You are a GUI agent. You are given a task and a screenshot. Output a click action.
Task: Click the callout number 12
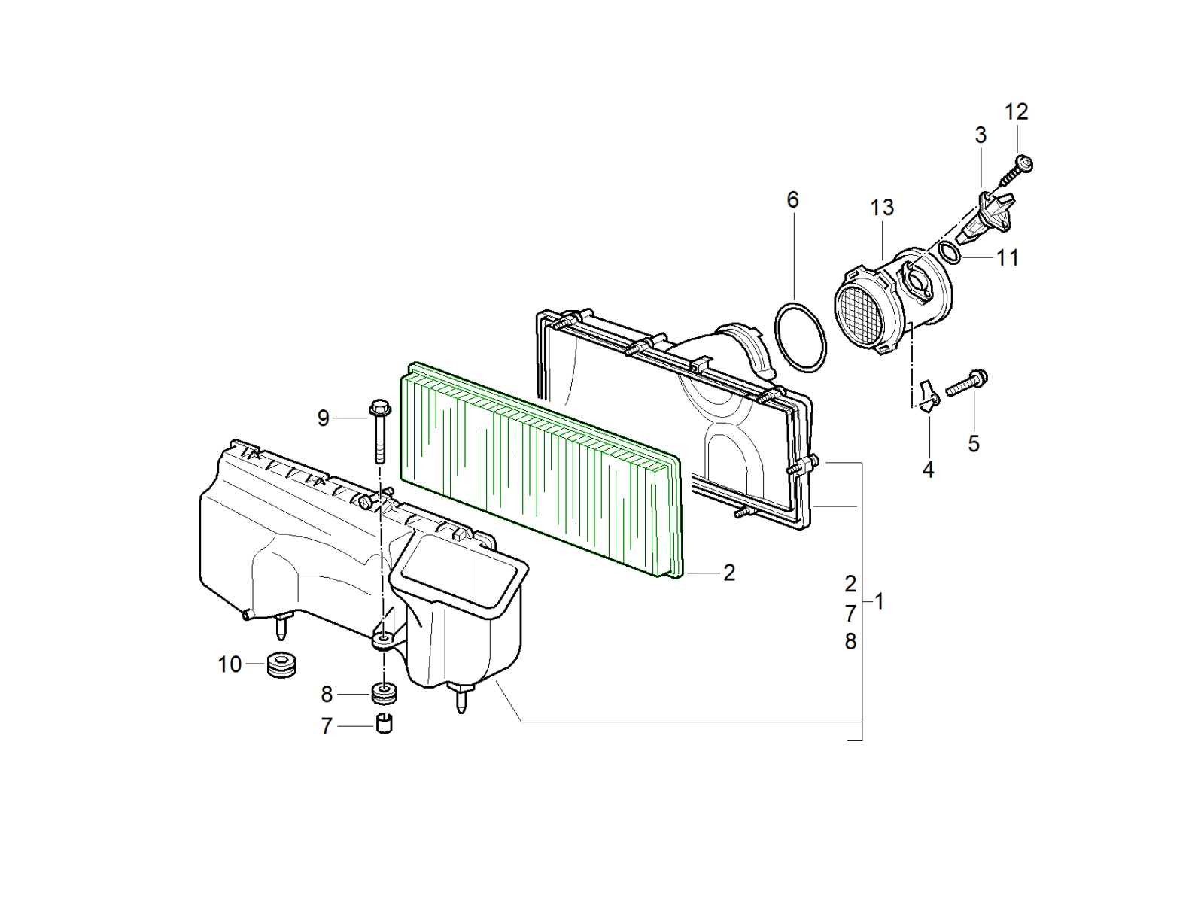[x=1016, y=112]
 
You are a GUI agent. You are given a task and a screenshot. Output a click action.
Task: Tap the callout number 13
[x=882, y=207]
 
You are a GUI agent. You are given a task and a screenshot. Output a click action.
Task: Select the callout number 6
[x=792, y=200]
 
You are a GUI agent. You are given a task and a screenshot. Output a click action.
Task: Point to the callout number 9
[x=324, y=418]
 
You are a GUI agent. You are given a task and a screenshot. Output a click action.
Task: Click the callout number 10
[x=230, y=664]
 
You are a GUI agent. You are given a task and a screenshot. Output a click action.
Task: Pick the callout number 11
[x=1008, y=257]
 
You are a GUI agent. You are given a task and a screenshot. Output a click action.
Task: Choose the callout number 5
[x=974, y=444]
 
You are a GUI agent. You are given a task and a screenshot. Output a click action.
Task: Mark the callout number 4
[x=928, y=470]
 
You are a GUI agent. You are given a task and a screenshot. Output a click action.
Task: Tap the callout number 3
[x=981, y=135]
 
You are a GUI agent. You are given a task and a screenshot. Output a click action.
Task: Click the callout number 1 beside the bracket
[x=878, y=601]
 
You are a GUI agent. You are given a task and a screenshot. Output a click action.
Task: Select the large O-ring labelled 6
[x=801, y=336]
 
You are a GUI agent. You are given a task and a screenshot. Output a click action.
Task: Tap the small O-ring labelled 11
[x=949, y=252]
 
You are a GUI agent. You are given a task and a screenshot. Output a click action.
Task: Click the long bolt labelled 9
[x=379, y=431]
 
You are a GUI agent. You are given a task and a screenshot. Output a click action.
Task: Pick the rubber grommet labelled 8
[x=385, y=693]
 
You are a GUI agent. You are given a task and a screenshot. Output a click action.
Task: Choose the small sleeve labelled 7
[x=385, y=723]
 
